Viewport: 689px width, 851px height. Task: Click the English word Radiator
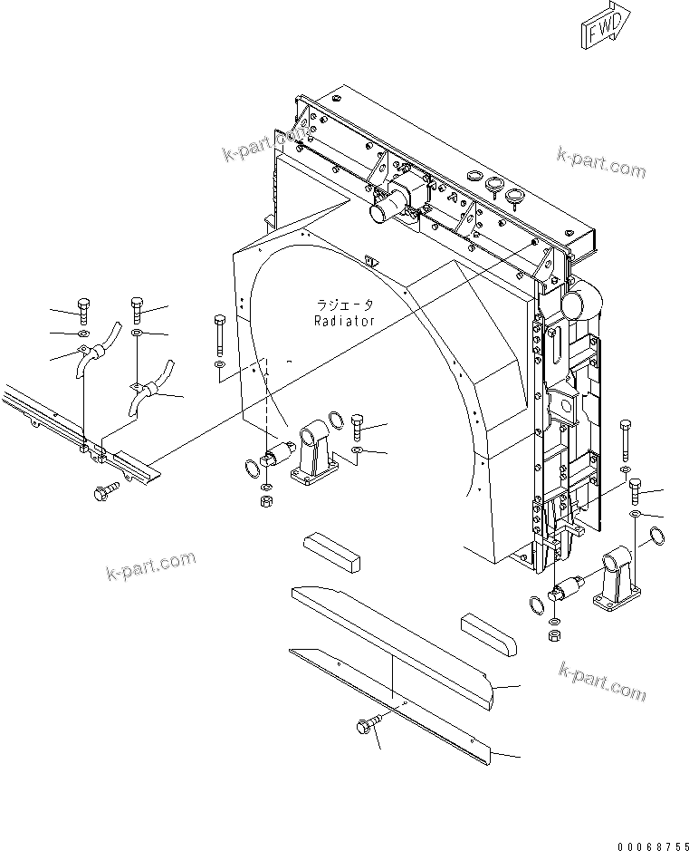[x=344, y=321]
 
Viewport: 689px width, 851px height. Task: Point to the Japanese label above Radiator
[x=344, y=305]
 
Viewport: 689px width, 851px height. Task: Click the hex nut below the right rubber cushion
[x=555, y=637]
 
